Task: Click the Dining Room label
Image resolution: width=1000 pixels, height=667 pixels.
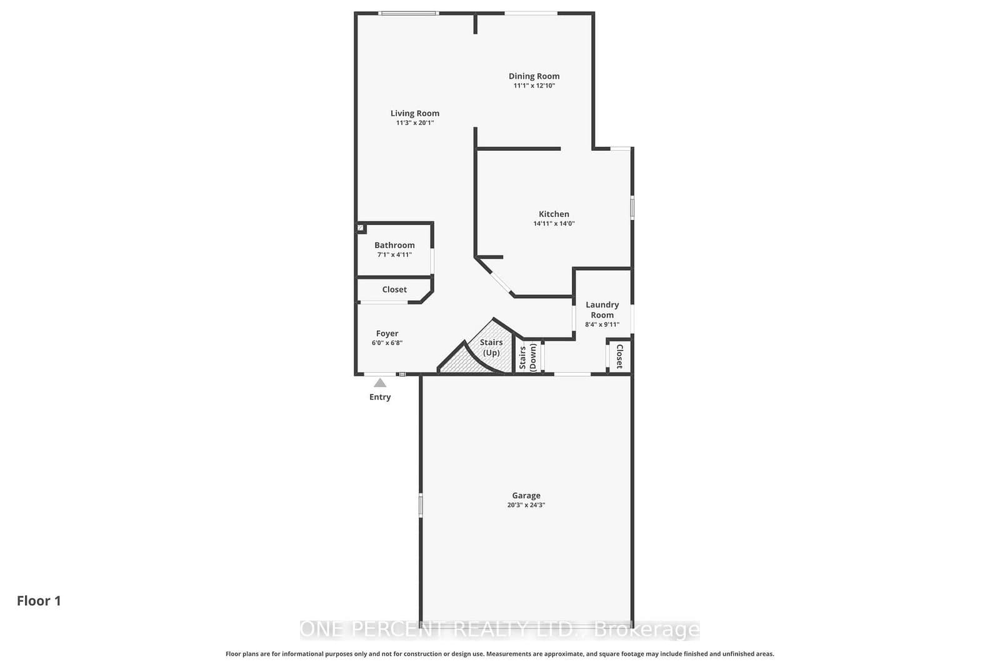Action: (x=534, y=76)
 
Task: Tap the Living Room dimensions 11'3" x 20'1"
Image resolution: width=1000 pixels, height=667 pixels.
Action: (x=415, y=123)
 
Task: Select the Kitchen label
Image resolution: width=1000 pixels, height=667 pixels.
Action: (x=554, y=214)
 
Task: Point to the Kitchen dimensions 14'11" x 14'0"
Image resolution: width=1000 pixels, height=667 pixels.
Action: (x=554, y=224)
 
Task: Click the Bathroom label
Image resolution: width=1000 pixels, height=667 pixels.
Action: (x=394, y=245)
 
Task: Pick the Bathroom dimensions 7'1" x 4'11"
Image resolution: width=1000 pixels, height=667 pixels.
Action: (x=394, y=255)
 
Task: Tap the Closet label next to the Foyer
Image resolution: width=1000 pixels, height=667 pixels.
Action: (x=394, y=289)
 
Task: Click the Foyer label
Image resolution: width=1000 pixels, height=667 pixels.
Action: (x=387, y=334)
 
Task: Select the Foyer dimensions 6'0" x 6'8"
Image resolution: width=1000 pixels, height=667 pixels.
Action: (x=387, y=343)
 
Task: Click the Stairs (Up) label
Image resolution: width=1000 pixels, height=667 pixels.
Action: (x=491, y=348)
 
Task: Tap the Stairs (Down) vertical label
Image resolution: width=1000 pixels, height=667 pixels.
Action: (x=527, y=357)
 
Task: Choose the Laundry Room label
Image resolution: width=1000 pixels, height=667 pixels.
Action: (x=602, y=309)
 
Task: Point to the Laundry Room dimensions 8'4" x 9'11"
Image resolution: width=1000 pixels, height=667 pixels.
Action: (x=602, y=324)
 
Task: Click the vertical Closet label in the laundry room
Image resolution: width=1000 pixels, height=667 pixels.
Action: (x=619, y=356)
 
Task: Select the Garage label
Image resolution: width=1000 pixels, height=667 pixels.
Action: (x=526, y=496)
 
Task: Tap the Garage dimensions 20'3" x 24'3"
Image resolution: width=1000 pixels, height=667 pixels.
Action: (x=526, y=505)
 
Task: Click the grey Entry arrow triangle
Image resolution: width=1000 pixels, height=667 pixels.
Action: (x=380, y=383)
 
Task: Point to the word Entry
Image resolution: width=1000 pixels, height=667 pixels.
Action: (x=380, y=397)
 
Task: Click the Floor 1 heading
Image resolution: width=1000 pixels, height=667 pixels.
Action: (x=39, y=601)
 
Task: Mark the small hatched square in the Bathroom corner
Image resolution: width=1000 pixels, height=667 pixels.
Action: (x=360, y=228)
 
